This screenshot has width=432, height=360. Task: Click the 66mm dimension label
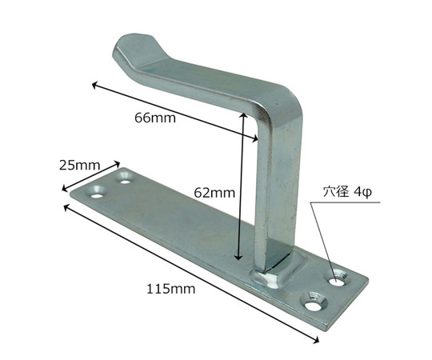pyautogui.click(x=155, y=118)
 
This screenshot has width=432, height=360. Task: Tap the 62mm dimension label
pyautogui.click(x=214, y=193)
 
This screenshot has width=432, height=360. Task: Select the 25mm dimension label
pyautogui.click(x=80, y=166)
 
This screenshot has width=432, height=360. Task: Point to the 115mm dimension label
pyautogui.click(x=171, y=290)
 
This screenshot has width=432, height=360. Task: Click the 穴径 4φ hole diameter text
pyautogui.click(x=348, y=192)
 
